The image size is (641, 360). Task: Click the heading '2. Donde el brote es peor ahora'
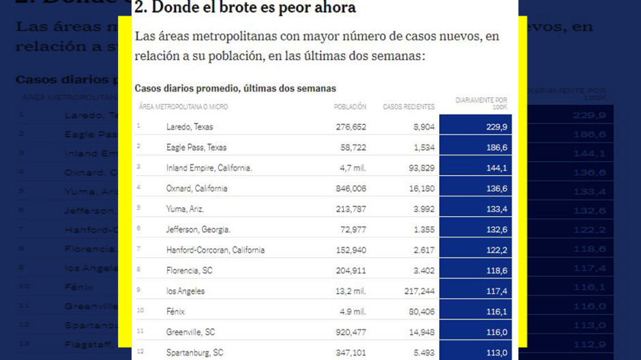pyautogui.click(x=245, y=8)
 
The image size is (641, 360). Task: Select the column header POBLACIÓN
pyautogui.click(x=350, y=107)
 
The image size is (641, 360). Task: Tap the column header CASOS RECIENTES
pyautogui.click(x=408, y=107)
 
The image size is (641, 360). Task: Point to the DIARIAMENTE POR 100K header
pyautogui.click(x=481, y=104)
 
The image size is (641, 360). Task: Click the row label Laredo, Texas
pyautogui.click(x=190, y=127)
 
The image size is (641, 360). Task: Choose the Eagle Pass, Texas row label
pyautogui.click(x=196, y=147)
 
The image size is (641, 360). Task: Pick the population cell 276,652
pyautogui.click(x=351, y=127)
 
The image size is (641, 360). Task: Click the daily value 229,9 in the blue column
pyautogui.click(x=496, y=127)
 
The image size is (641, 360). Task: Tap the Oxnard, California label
pyautogui.click(x=196, y=188)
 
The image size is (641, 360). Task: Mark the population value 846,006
pyautogui.click(x=351, y=188)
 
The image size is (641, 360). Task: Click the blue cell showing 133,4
pyautogui.click(x=496, y=209)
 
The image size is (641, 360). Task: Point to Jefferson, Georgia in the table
pyautogui.click(x=198, y=229)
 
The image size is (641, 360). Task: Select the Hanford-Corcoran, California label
pyautogui.click(x=215, y=250)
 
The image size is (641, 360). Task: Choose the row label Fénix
pyautogui.click(x=177, y=311)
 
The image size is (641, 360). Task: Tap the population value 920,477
pyautogui.click(x=351, y=332)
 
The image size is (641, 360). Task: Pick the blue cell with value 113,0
pyautogui.click(x=496, y=352)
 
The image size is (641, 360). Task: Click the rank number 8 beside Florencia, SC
pyautogui.click(x=138, y=270)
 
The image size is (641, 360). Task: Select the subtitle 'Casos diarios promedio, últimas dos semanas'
pyautogui.click(x=235, y=89)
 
